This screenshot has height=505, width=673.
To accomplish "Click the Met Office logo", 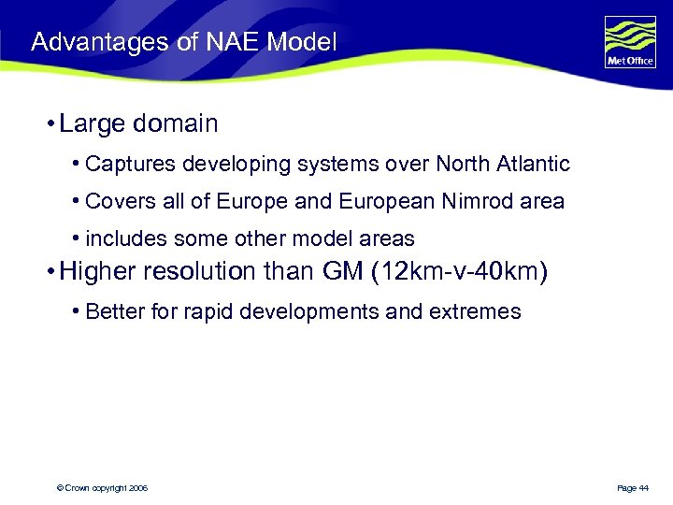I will click(x=630, y=43).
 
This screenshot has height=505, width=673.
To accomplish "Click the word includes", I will click(x=121, y=238).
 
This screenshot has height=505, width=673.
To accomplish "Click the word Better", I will click(x=112, y=311).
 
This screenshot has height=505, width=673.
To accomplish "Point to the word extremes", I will click(x=475, y=311).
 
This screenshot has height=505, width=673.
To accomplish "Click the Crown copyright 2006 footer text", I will click(x=102, y=488).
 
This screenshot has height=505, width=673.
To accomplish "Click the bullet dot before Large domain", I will click(x=48, y=123).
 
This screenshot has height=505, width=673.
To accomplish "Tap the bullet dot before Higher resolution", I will click(x=48, y=273).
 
